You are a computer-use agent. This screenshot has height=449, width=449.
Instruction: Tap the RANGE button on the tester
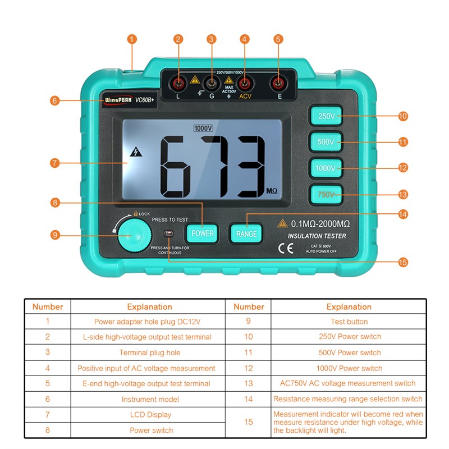[246, 233]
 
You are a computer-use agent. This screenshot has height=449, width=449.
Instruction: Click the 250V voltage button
[326, 116]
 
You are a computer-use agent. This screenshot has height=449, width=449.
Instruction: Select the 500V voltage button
[326, 142]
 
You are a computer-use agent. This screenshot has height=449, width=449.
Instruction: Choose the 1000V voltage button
[326, 168]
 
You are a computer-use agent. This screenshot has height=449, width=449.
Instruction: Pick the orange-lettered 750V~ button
[326, 194]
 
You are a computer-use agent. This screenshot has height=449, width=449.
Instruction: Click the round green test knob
[134, 235]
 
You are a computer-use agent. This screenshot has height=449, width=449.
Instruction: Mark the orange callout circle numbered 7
[54, 163]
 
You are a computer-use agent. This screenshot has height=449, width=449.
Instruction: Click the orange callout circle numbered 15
[402, 262]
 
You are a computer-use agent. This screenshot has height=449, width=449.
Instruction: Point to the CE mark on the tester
[285, 249]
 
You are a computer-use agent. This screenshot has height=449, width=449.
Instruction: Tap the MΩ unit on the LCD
[272, 191]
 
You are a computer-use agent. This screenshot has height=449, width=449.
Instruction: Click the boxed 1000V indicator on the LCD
[203, 128]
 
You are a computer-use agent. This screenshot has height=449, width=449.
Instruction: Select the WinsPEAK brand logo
[116, 100]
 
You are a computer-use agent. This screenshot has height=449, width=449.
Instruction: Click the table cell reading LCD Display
[152, 415]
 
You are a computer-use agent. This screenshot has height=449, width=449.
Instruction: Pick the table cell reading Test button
[349, 322]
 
